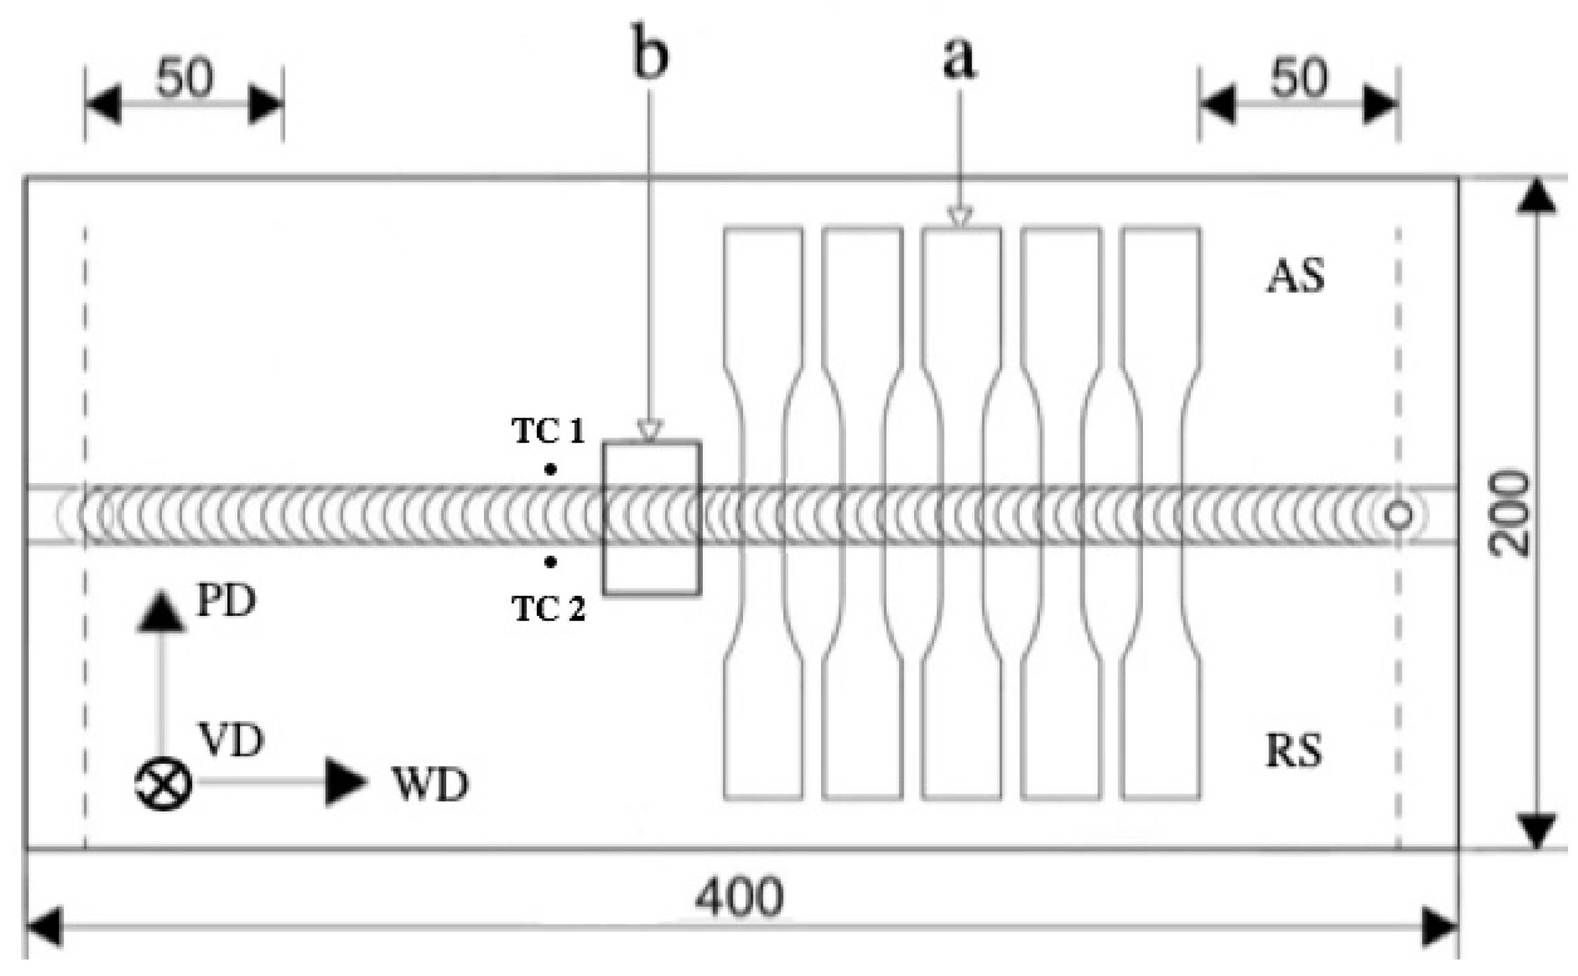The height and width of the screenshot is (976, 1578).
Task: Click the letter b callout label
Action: point(650,54)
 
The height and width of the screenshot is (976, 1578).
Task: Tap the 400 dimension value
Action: point(738,898)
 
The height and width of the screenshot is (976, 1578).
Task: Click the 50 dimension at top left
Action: point(184,79)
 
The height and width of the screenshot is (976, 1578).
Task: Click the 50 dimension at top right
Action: point(1298,79)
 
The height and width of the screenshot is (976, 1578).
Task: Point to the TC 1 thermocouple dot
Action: point(550,469)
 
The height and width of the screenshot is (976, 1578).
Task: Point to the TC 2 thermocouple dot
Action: point(550,562)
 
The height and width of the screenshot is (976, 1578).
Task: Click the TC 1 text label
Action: point(548,432)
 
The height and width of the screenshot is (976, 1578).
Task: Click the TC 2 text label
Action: point(548,609)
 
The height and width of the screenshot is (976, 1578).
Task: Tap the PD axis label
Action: point(226,601)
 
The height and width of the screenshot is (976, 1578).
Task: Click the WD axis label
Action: point(430,785)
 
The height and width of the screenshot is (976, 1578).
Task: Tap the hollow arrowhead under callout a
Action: point(960,217)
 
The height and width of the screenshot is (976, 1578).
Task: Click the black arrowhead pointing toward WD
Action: point(345,782)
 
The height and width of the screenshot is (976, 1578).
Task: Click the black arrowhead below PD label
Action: point(161,613)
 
